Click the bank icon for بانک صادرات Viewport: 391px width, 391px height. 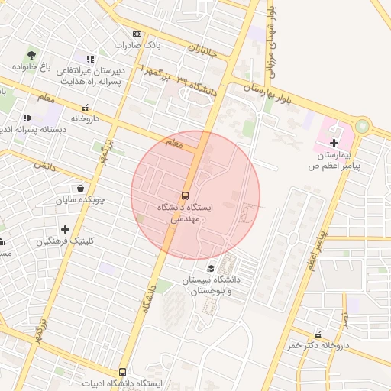(137, 34)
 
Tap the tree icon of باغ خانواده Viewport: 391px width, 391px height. (31, 54)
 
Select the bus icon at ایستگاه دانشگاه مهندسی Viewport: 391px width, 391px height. (186, 195)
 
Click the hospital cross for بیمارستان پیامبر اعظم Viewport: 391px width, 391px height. (333, 143)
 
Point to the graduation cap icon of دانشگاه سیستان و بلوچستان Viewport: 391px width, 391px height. (211, 269)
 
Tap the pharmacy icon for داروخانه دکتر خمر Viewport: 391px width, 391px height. (318, 334)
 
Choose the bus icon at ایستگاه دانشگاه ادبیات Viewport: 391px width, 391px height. (122, 372)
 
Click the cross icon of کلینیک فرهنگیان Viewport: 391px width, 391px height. (65, 229)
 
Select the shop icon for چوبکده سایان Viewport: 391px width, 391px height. (80, 188)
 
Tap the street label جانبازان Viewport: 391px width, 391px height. (202, 53)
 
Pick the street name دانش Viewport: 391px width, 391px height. (46, 165)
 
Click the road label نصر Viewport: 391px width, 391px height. (344, 315)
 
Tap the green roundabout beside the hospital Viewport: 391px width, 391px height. (361, 125)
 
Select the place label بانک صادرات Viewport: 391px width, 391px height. (137, 46)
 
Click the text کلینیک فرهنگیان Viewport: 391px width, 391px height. (66, 241)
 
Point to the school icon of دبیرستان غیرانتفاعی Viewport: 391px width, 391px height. (90, 58)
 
